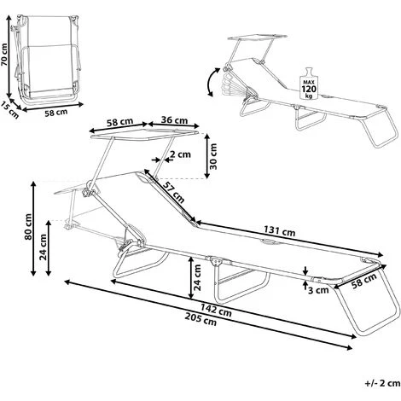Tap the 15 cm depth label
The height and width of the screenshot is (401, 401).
[x=10, y=110]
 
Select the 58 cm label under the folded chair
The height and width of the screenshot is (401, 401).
[x=56, y=113]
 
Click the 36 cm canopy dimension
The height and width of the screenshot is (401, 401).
[x=174, y=120]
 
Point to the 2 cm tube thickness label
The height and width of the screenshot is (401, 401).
[x=180, y=154]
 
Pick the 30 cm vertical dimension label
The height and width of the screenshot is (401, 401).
[x=213, y=157]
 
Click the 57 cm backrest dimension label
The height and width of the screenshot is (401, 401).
[x=173, y=192]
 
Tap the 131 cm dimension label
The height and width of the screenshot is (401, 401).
[x=280, y=231]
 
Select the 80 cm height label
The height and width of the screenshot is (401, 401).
[x=28, y=227]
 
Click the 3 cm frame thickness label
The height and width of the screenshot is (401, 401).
[x=318, y=290]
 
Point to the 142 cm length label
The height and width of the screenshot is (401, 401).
[x=216, y=310]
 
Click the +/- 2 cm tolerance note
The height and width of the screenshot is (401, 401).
[x=382, y=383]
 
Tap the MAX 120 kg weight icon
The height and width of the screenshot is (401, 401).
[x=309, y=84]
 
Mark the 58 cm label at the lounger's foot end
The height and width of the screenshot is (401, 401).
[x=364, y=281]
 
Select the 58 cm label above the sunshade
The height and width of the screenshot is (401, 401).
[x=119, y=122]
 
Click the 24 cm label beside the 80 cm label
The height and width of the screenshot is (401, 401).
[x=43, y=247]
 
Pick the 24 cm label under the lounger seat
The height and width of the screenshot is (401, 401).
[x=197, y=277]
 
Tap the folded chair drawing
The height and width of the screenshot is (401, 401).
[x=47, y=60]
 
